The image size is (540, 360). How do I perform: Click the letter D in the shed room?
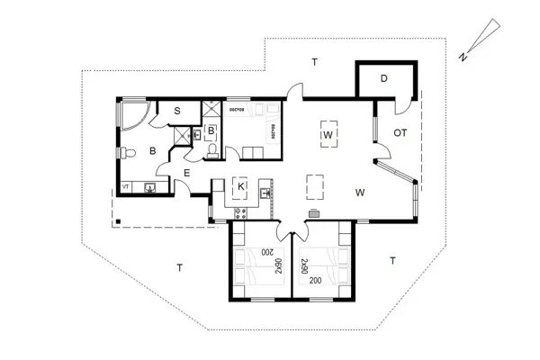[x=383, y=79]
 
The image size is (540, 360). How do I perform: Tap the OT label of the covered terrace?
[x=400, y=133]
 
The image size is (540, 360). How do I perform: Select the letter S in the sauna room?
[x=178, y=111]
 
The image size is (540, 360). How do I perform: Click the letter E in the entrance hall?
[x=186, y=172]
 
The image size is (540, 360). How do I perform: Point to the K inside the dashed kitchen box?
[x=240, y=186]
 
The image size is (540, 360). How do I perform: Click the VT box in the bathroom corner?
[x=125, y=187]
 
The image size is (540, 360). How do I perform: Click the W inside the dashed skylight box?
[x=328, y=135]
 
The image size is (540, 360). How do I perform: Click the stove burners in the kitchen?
[x=240, y=212]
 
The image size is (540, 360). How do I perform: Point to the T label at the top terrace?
[x=314, y=62]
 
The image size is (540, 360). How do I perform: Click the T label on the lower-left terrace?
[x=180, y=267]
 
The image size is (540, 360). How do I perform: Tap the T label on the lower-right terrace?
[x=392, y=260]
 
